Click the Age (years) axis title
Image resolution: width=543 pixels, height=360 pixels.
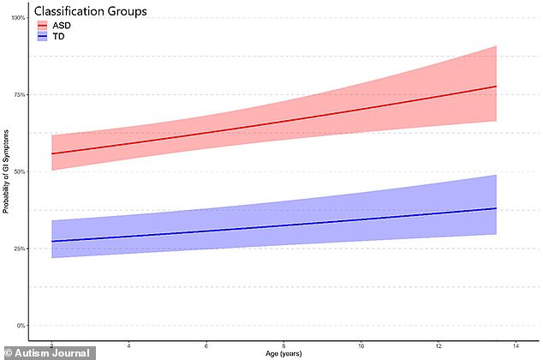click(x=283, y=353)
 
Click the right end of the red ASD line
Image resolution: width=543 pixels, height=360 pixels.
click(x=497, y=87)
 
